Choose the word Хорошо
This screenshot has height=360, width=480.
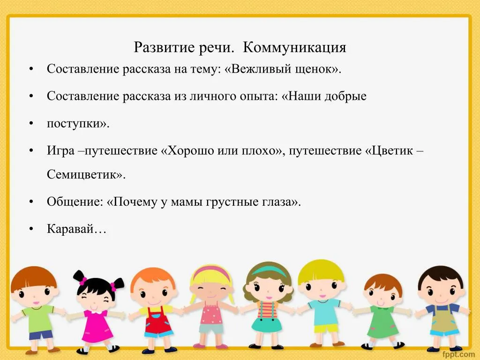tap(191, 151)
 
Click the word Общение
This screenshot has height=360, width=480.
tap(73, 202)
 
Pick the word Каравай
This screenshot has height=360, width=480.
tap(70, 229)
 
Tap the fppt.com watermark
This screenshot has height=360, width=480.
tap(458, 354)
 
